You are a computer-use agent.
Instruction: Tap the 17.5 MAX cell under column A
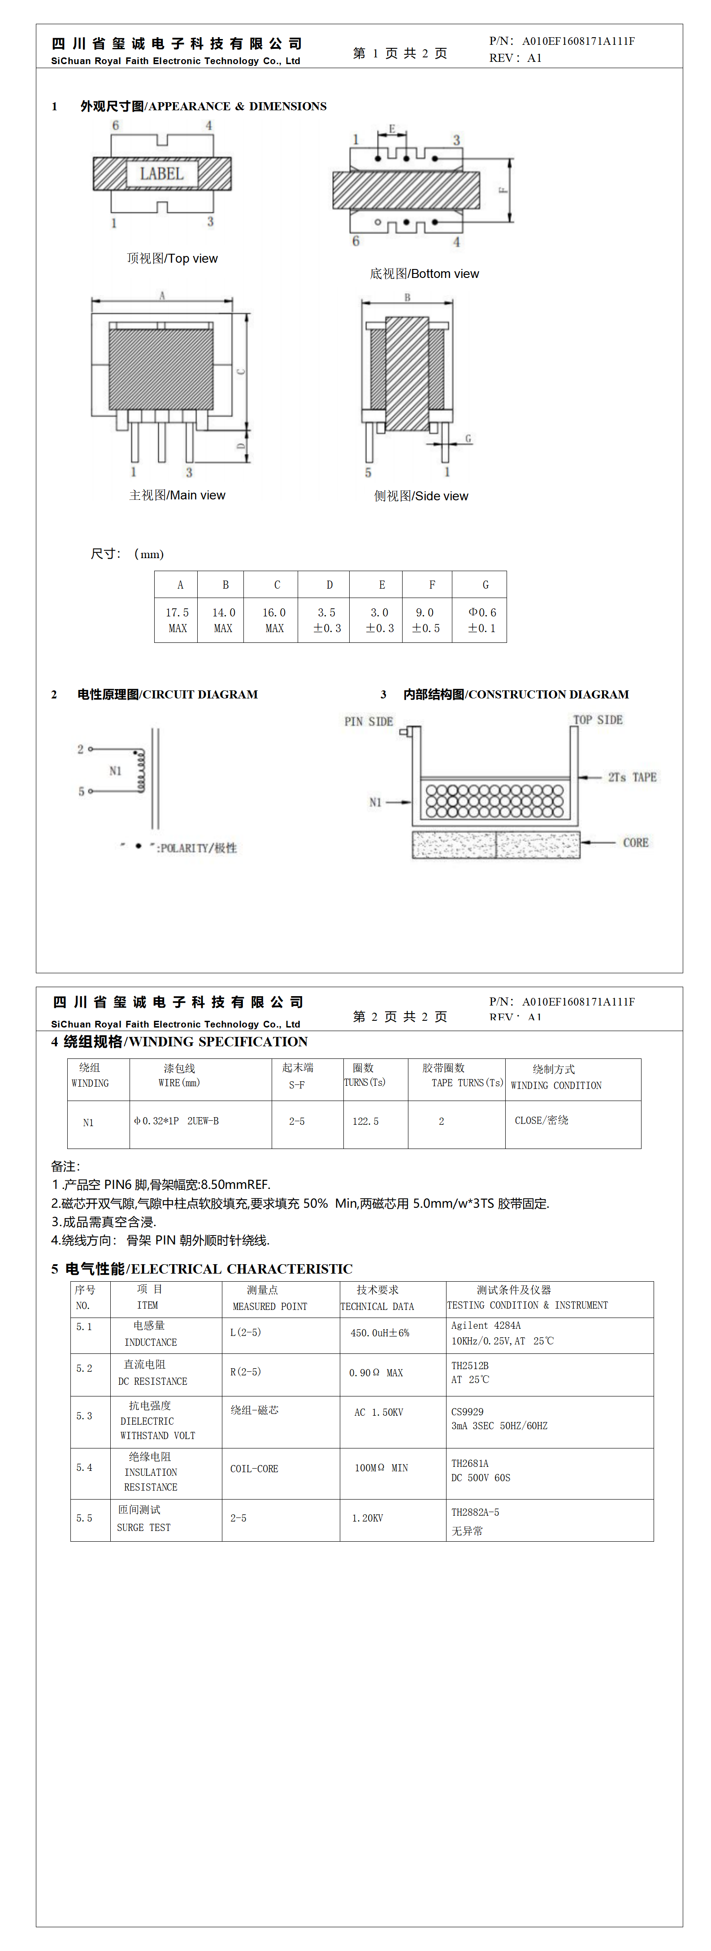coord(177,620)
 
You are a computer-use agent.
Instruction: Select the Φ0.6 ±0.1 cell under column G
coord(481,620)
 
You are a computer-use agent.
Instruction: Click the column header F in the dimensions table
coord(432,585)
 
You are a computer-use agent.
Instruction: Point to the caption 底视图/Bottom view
coord(424,273)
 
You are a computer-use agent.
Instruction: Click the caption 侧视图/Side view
coord(421,496)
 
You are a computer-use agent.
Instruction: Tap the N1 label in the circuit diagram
coord(115,771)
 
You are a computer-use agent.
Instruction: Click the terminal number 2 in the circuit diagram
coord(80,749)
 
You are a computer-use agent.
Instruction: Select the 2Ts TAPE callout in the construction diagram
coord(632,777)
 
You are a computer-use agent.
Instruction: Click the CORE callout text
coord(635,842)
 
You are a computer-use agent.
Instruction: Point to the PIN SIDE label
coord(369,721)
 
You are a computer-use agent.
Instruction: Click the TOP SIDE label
coord(598,720)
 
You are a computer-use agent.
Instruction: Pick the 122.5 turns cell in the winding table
coord(366,1121)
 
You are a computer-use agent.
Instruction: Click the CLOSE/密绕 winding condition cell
coord(542,1120)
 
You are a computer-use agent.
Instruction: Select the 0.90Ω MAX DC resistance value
coord(376,1372)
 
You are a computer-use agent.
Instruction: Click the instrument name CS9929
coord(467,1412)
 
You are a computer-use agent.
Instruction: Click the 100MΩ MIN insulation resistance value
coord(381,1468)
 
